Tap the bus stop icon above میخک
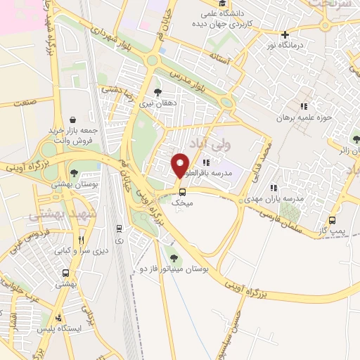pyautogui.click(x=182, y=191)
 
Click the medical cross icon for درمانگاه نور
pyautogui.click(x=284, y=34)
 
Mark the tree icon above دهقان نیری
pyautogui.click(x=157, y=91)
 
